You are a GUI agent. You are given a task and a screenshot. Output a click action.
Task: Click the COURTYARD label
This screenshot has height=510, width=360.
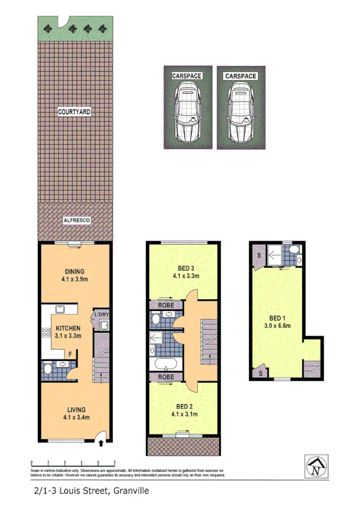[x=75, y=112]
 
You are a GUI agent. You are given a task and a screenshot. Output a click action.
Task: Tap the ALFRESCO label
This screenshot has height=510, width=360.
[x=76, y=221]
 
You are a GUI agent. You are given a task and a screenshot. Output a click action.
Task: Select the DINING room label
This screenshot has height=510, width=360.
[x=75, y=271]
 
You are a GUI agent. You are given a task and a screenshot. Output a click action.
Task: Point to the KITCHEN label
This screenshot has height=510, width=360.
[x=68, y=328]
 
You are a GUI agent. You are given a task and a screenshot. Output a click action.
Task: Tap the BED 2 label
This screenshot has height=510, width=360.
[x=185, y=405]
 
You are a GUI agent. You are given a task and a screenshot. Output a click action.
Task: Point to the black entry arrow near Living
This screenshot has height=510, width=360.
[x=101, y=444]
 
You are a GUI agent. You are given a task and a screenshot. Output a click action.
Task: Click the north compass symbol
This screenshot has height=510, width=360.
[x=316, y=466]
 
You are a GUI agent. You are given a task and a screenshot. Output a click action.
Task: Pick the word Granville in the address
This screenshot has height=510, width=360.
[x=126, y=491]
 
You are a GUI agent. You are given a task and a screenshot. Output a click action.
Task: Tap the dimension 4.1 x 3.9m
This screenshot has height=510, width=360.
[x=75, y=279]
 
